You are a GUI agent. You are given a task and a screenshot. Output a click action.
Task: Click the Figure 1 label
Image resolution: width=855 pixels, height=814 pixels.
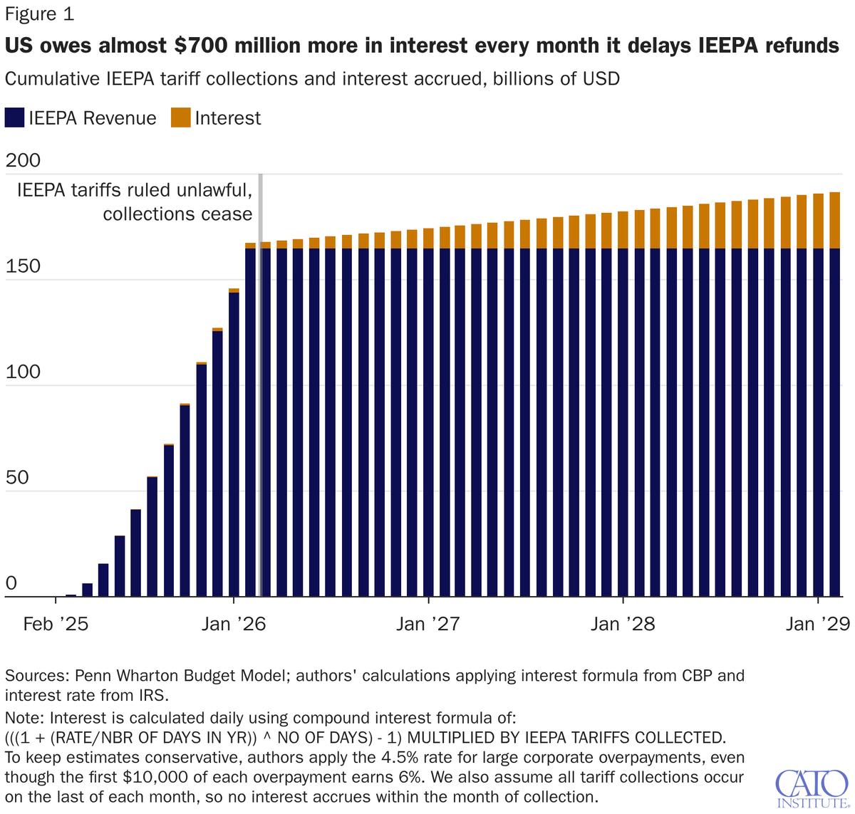(39, 14)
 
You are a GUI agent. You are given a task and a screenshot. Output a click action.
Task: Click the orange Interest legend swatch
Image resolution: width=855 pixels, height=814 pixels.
(180, 118)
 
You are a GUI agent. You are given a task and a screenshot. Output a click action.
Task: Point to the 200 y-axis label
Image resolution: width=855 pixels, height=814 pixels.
(23, 161)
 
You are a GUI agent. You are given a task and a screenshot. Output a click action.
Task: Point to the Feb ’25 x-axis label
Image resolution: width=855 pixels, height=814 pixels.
(55, 625)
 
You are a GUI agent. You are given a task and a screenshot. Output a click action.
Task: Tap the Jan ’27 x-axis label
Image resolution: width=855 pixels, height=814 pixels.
(428, 625)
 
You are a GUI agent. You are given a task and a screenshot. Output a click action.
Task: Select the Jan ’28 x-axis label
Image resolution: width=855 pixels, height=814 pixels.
(623, 625)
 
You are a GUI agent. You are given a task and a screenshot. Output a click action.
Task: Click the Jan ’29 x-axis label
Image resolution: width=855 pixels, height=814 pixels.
(817, 625)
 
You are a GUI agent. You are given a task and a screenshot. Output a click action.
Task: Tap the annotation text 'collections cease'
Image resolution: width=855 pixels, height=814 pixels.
(177, 214)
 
